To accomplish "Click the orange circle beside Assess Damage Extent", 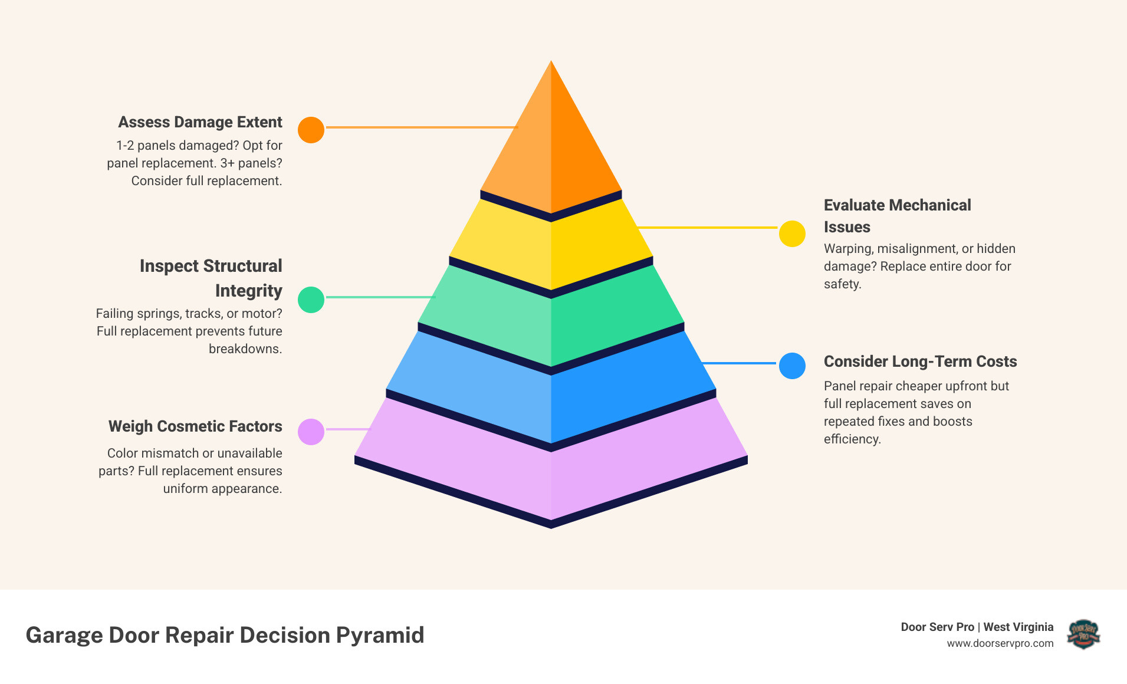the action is (311, 130).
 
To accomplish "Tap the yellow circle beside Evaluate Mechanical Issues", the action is (792, 234).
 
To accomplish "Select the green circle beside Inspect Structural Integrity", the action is (311, 300).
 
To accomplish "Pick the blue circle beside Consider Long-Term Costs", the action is (792, 366).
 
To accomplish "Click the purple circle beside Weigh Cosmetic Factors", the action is (311, 432).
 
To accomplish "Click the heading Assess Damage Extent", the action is (200, 122).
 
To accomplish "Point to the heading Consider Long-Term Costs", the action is (920, 361).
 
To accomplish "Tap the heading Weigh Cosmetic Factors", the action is (195, 426).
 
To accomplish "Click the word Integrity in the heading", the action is (248, 291).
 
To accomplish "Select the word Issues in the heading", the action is (847, 227).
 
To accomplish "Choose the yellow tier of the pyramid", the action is (551, 248).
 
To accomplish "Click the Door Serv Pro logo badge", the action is (1083, 634).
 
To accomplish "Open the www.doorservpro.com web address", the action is (1000, 643).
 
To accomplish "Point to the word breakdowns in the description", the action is (245, 348).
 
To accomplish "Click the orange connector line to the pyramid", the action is (421, 127).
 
